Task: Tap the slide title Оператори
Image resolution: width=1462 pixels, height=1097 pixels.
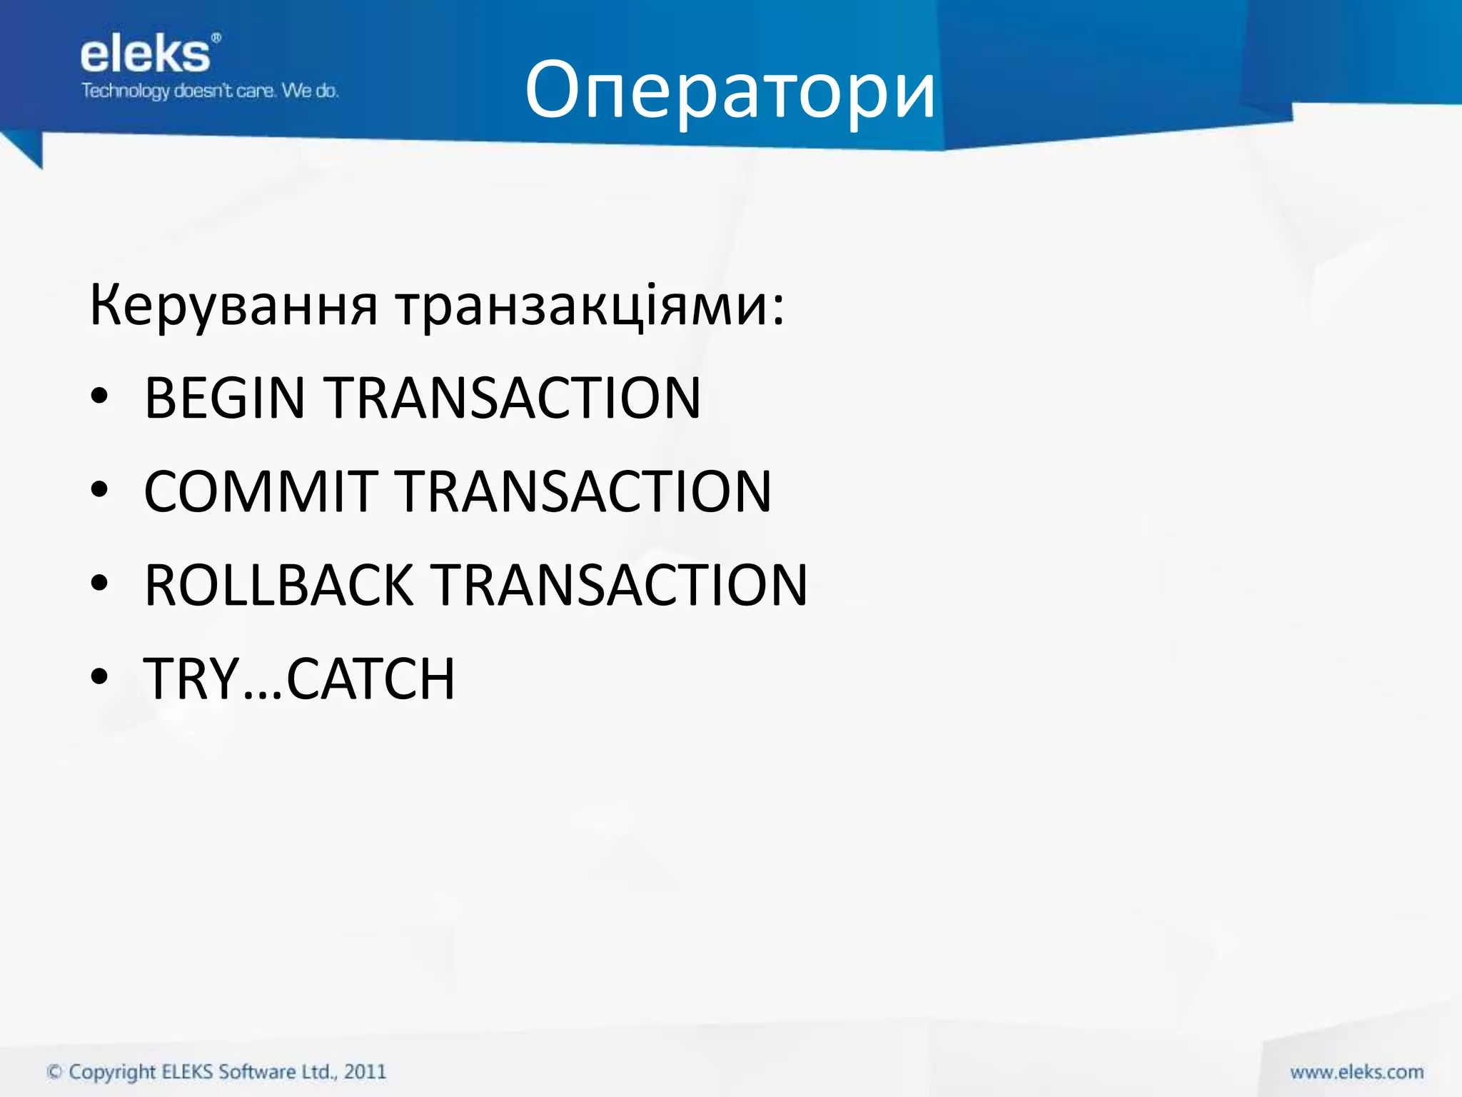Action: coord(730,91)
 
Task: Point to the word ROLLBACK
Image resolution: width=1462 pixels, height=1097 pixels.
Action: coord(278,585)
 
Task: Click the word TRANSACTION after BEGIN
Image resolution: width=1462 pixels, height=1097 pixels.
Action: coord(513,398)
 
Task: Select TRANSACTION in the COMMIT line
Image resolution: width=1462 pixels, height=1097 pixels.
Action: coord(585,491)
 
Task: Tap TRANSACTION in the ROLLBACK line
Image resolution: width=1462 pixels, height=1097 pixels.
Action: coord(620,585)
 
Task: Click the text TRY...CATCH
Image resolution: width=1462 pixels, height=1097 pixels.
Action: coord(299,678)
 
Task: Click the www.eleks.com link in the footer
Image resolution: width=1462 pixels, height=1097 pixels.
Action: coord(1356,1072)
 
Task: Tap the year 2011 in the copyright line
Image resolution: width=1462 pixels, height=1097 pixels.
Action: coord(365,1072)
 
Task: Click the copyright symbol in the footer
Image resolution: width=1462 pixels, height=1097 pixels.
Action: coord(54,1072)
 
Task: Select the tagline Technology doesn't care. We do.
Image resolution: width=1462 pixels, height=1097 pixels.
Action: coord(210,91)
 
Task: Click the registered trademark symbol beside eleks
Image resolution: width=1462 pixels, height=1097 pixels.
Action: coord(216,38)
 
